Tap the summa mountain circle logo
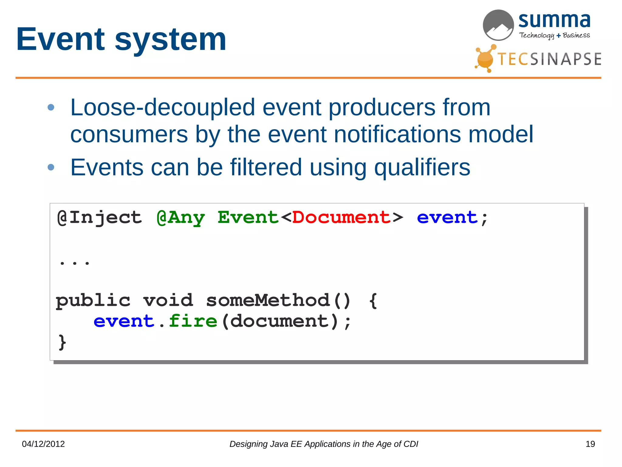coord(498,25)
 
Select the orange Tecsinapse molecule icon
coord(485,58)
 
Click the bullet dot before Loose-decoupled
coord(51,107)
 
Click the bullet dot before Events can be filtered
coord(51,167)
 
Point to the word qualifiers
coord(422,168)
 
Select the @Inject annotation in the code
coord(100,218)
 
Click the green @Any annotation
coord(181,218)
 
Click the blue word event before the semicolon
coord(447,218)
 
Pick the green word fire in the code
coord(193,321)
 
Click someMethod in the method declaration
coord(268,300)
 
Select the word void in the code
coord(168,300)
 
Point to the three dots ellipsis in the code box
coord(74,262)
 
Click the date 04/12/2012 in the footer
coord(43,444)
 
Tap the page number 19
coord(590,444)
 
